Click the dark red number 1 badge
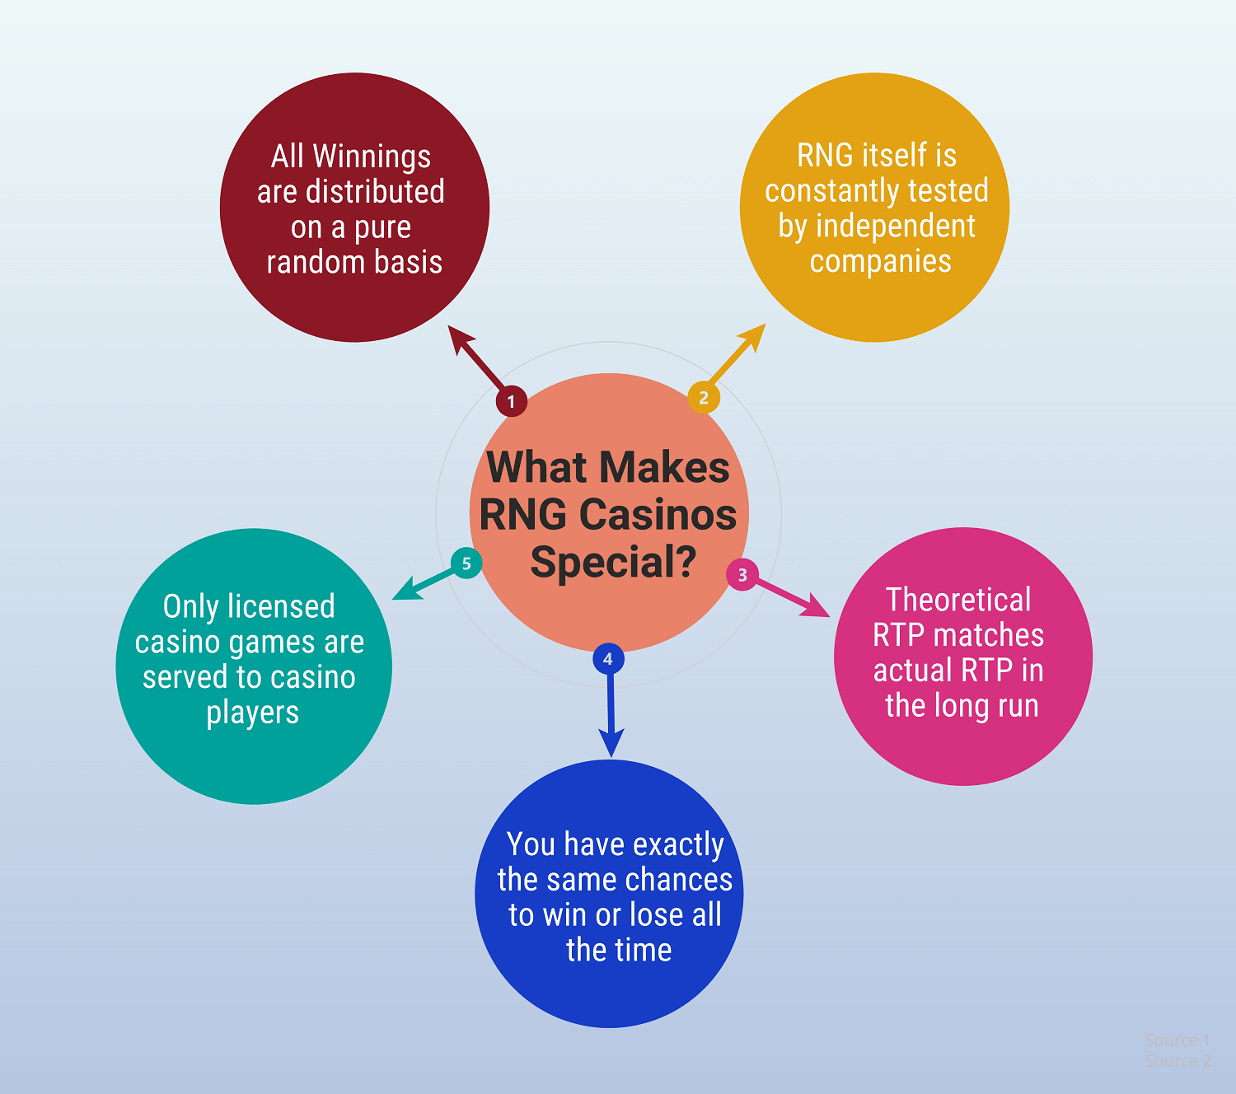click(x=511, y=401)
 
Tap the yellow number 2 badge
click(x=704, y=398)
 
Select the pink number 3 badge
click(x=742, y=574)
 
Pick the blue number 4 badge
click(x=608, y=658)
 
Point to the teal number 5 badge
click(x=466, y=563)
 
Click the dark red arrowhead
click(x=459, y=337)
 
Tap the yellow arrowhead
click(x=754, y=336)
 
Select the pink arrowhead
click(x=817, y=607)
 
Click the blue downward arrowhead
click(x=611, y=743)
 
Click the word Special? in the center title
click(x=613, y=562)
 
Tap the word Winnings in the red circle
click(x=372, y=157)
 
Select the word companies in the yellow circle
click(x=880, y=262)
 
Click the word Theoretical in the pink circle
click(x=958, y=599)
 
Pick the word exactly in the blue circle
click(x=678, y=846)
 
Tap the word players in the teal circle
click(x=253, y=713)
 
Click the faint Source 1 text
click(x=1177, y=1040)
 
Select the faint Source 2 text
click(x=1177, y=1060)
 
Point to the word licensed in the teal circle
click(x=281, y=606)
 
